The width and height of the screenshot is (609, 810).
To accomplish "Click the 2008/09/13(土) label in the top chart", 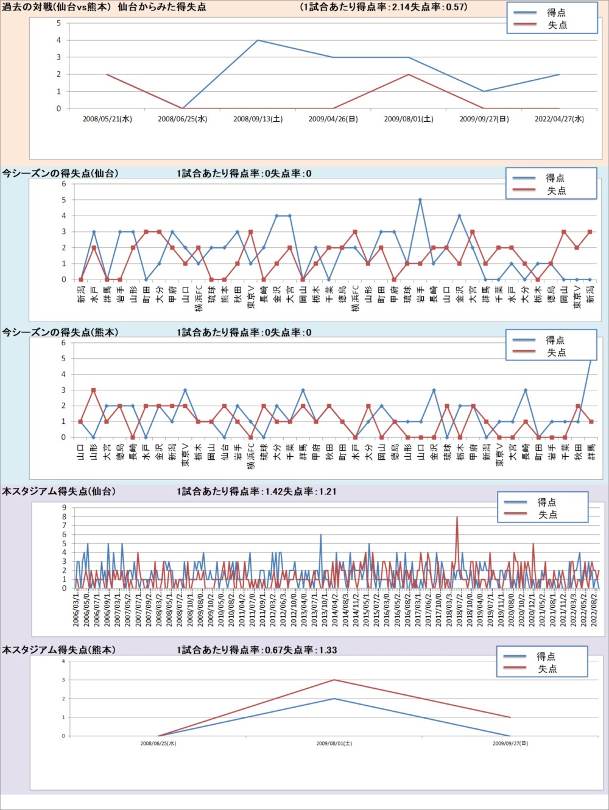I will [x=258, y=119].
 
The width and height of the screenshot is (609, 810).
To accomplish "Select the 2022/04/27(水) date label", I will [x=559, y=119].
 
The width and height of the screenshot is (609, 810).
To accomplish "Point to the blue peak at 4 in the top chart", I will [x=258, y=40].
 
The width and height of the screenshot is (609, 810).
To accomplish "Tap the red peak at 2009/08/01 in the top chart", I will [x=409, y=74].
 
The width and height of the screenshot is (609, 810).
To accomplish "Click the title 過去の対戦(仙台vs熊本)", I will [x=55, y=7].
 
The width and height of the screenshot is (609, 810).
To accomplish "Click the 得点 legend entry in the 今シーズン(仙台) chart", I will [x=555, y=178].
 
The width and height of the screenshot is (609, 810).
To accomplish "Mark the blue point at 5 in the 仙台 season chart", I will [x=420, y=200].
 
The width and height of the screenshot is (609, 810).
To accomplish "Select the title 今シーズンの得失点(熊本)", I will [x=60, y=333].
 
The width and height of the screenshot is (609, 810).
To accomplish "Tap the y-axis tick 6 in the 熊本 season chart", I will [x=63, y=343].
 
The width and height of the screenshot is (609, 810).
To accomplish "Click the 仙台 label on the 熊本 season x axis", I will [x=225, y=451].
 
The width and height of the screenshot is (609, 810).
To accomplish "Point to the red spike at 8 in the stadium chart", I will [x=457, y=517].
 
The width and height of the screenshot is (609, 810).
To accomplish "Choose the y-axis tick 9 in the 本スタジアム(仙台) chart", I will [x=63, y=508].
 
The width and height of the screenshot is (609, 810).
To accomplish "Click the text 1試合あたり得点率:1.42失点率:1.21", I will [x=256, y=491].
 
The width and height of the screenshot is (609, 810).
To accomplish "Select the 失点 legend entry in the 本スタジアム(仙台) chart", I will [x=547, y=515].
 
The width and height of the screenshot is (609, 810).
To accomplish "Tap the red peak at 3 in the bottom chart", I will [x=334, y=680].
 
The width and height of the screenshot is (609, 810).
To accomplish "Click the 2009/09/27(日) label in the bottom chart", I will [x=510, y=744].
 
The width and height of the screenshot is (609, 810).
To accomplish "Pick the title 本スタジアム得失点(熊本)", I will [x=58, y=650].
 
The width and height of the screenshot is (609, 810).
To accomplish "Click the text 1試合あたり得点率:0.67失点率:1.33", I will [x=256, y=650].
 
